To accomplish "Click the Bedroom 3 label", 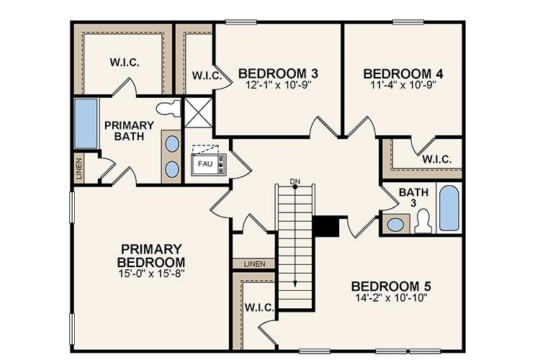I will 279,73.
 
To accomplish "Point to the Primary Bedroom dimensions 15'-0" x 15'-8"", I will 152,274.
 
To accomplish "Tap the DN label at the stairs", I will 294,181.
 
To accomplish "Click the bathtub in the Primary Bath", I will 86,124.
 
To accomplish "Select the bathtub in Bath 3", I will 449,208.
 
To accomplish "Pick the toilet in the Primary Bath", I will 168,109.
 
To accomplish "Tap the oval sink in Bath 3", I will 395,224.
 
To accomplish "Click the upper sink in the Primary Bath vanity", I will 173,143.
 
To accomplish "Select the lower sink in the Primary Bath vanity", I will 173,168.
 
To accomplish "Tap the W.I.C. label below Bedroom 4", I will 437,159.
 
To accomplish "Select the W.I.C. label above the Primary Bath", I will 125,62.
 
